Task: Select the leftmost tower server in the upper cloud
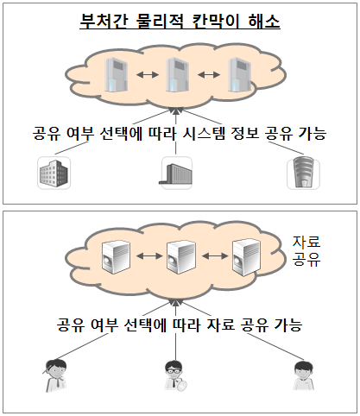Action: click(x=116, y=75)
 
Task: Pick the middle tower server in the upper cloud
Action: click(x=177, y=75)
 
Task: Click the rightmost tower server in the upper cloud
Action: click(x=239, y=75)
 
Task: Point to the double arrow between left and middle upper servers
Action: click(x=148, y=75)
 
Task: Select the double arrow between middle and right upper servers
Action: click(x=209, y=75)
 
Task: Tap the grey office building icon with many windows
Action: click(x=54, y=173)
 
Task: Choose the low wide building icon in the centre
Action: click(x=176, y=173)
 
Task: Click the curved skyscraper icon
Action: click(x=303, y=173)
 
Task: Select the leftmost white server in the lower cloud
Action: click(x=116, y=257)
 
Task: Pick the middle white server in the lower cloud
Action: click(x=181, y=257)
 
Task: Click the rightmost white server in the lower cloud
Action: click(x=247, y=257)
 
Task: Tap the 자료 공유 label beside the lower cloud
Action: click(x=306, y=250)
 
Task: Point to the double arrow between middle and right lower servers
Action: click(x=215, y=255)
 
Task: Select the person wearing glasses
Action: click(x=175, y=376)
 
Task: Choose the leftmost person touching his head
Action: click(x=54, y=375)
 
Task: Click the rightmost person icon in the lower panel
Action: click(x=303, y=375)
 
